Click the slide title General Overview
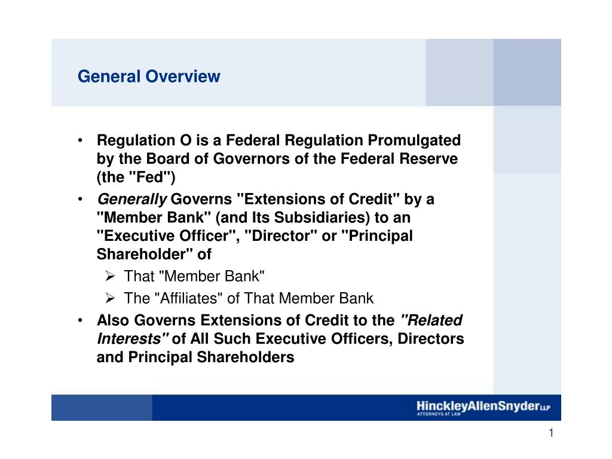tap(149, 76)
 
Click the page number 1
tap(552, 434)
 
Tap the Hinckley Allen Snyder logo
tap(483, 408)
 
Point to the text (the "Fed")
tap(136, 178)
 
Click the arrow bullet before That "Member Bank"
tap(109, 276)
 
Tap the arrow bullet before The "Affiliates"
tap(109, 298)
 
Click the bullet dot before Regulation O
tap(80, 140)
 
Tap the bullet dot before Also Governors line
tap(80, 320)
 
